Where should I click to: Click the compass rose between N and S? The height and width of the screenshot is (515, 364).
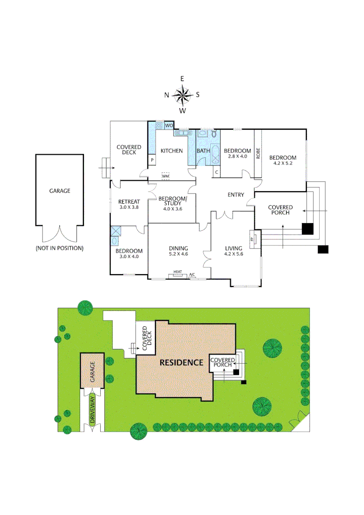pos(182,94)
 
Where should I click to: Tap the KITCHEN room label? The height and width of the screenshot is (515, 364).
pos(171,151)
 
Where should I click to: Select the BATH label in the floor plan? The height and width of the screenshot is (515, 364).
pos(203,151)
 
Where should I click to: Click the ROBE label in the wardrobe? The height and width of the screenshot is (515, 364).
pos(258,153)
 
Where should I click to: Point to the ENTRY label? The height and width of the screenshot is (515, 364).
pos(236,195)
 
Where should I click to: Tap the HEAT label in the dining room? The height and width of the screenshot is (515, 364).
pos(177,272)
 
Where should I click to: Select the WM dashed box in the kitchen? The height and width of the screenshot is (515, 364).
pos(166,176)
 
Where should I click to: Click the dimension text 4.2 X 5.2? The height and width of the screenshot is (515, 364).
pos(282,164)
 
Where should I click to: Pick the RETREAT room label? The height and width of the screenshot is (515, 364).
pos(129,202)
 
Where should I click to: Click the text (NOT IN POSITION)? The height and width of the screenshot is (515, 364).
pos(60,248)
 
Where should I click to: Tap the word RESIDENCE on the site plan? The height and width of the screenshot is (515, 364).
pos(181,362)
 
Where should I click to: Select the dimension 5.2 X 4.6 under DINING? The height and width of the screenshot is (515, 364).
pos(178,254)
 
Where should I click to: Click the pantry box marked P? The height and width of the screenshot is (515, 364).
pos(152,160)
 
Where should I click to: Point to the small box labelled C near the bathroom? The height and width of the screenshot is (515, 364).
pos(217,172)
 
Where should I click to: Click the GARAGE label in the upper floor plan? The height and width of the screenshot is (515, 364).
pos(60,191)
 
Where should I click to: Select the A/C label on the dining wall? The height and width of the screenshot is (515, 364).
pos(192,275)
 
